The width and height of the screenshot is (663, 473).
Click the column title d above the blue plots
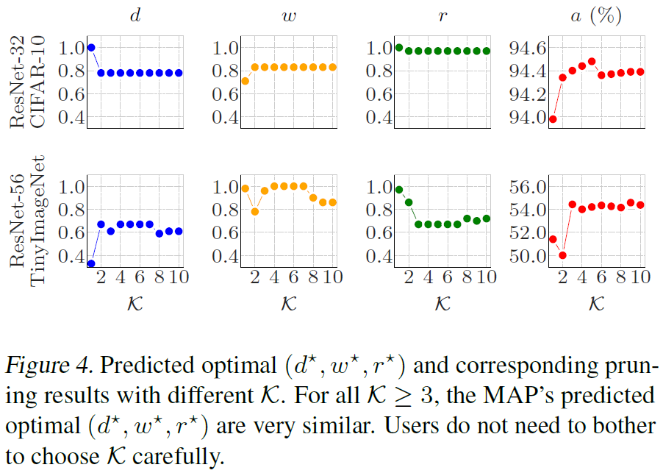pyautogui.click(x=135, y=15)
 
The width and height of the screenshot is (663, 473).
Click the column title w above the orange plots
pyautogui.click(x=288, y=15)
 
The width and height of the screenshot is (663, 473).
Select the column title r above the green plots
pyautogui.click(x=442, y=15)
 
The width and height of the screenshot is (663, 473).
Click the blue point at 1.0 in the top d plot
pyautogui.click(x=91, y=48)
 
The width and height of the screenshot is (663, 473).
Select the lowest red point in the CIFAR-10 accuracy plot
pyautogui.click(x=552, y=119)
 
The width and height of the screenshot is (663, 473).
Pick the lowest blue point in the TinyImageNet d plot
pyautogui.click(x=91, y=263)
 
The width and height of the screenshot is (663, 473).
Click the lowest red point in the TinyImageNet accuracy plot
pyautogui.click(x=562, y=255)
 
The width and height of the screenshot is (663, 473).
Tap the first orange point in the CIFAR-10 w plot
pyautogui.click(x=246, y=81)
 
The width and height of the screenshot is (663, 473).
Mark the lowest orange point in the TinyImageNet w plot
pyautogui.click(x=255, y=212)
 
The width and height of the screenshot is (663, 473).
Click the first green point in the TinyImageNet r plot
pyautogui.click(x=399, y=190)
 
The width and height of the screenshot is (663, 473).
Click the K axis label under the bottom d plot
pyautogui.click(x=135, y=303)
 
